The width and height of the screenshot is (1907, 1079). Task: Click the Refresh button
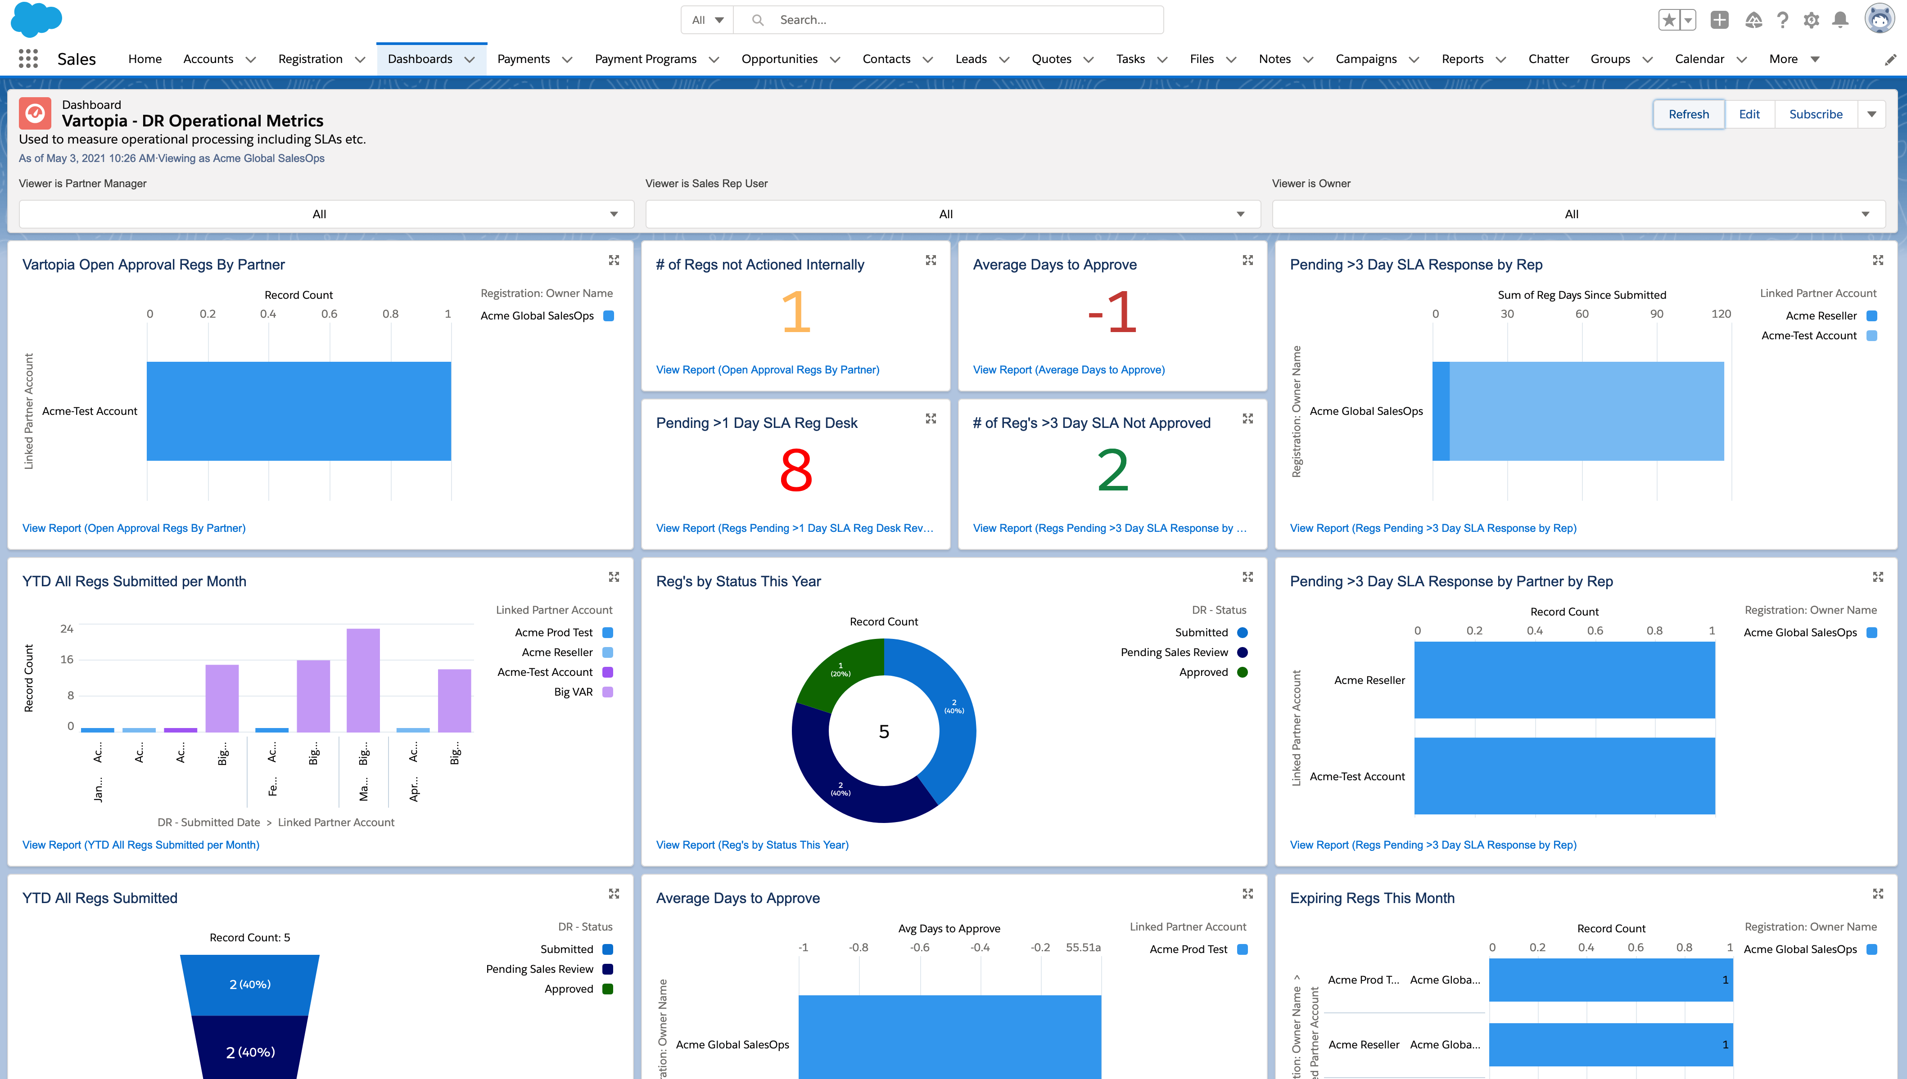(x=1688, y=114)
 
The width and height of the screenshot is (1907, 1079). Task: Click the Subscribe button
(x=1815, y=114)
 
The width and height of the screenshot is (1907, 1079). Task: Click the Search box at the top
(x=957, y=20)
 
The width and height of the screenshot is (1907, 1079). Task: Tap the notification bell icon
(x=1839, y=20)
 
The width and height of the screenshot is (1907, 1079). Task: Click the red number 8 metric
(x=795, y=471)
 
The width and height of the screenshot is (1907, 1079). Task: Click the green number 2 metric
(x=1112, y=471)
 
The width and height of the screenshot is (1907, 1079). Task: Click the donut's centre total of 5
(x=884, y=732)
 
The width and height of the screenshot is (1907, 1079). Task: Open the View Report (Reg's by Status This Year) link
(x=752, y=845)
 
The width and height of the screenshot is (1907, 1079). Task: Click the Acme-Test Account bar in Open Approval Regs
(x=299, y=411)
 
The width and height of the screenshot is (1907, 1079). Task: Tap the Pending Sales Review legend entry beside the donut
(x=1175, y=652)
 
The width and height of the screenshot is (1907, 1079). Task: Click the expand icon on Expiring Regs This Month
(x=1877, y=894)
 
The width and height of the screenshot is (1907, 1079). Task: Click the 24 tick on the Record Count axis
(x=67, y=629)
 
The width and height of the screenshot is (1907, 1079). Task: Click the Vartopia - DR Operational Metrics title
(x=193, y=121)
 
